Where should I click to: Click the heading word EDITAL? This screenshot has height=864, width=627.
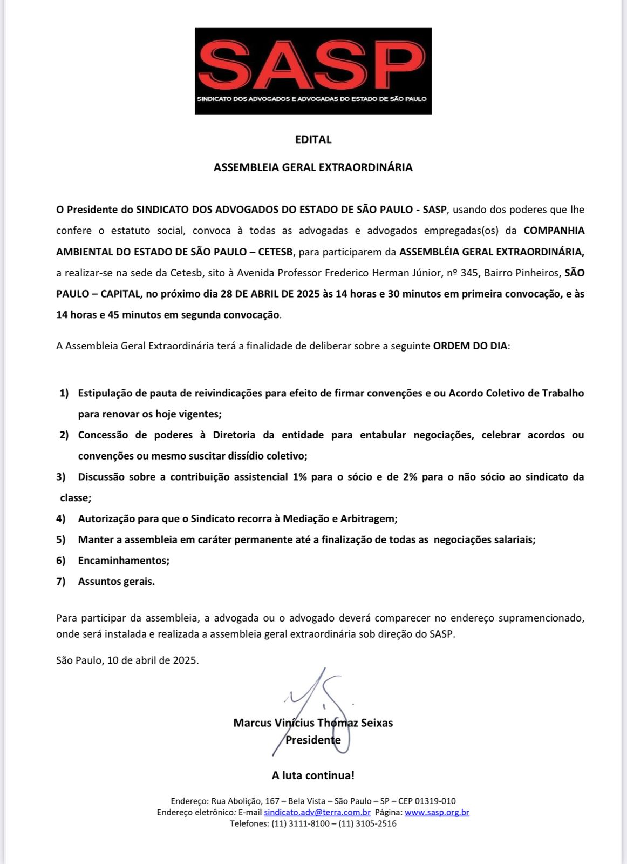[x=313, y=139]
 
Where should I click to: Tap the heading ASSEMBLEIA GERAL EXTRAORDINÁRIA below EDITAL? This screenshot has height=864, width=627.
[x=313, y=167]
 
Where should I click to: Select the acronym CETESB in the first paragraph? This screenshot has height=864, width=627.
[x=277, y=252]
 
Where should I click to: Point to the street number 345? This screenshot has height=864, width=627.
[x=469, y=273]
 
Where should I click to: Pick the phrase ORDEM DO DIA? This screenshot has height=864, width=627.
[x=470, y=346]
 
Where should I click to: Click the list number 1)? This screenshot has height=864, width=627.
[x=64, y=393]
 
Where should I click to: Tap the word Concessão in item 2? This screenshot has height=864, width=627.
[x=103, y=435]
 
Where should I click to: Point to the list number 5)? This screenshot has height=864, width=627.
[x=60, y=539]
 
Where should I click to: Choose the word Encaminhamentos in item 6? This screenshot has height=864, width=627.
[x=124, y=561]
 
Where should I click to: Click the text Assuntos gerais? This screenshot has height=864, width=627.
[x=116, y=582]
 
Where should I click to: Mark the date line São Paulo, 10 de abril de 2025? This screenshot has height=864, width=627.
[x=127, y=660]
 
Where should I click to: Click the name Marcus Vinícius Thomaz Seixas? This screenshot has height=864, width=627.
[x=313, y=723]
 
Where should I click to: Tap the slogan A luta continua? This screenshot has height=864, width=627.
[x=313, y=775]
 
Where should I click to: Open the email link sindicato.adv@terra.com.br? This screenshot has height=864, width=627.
[x=317, y=813]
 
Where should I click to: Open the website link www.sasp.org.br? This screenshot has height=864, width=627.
[x=437, y=813]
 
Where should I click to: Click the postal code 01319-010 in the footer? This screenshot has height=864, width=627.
[x=435, y=801]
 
